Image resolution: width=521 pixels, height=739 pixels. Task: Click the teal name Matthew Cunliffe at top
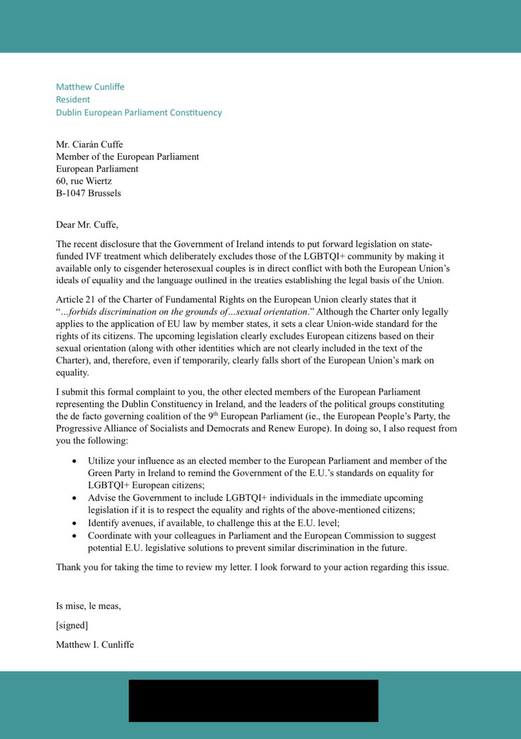[90, 87]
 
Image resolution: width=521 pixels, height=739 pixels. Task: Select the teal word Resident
[73, 100]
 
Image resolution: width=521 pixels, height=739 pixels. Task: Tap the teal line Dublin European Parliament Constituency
[139, 113]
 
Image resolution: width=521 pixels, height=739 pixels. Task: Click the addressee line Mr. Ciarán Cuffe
[94, 145]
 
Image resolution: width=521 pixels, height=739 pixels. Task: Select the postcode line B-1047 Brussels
[88, 193]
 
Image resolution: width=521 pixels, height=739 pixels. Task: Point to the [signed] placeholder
[72, 626]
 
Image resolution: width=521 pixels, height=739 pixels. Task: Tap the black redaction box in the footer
[253, 701]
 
